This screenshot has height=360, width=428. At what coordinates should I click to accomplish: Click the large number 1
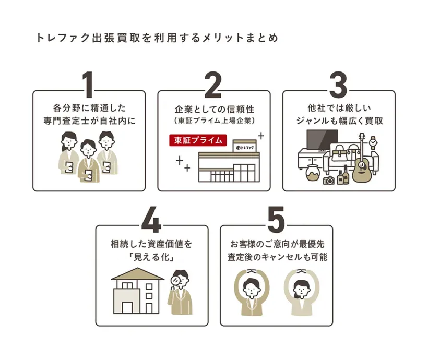(x=89, y=85)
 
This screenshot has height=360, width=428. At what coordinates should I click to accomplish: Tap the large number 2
(x=213, y=85)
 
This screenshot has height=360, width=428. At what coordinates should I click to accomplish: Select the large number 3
(x=338, y=85)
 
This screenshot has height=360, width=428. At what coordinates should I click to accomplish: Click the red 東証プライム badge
(x=197, y=140)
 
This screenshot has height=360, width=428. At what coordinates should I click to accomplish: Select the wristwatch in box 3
(x=373, y=142)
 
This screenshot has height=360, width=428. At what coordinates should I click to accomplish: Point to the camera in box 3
(x=329, y=181)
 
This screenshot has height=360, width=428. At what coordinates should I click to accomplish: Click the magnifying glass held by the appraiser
(x=176, y=280)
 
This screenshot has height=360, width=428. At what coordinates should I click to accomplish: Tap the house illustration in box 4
(x=137, y=291)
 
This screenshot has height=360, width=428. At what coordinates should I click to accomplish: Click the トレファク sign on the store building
(x=243, y=148)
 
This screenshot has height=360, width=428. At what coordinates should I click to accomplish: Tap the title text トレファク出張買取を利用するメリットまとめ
(x=157, y=38)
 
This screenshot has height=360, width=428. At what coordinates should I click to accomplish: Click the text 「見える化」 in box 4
(x=151, y=257)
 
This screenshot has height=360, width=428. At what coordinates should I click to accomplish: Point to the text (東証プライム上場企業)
(x=214, y=121)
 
